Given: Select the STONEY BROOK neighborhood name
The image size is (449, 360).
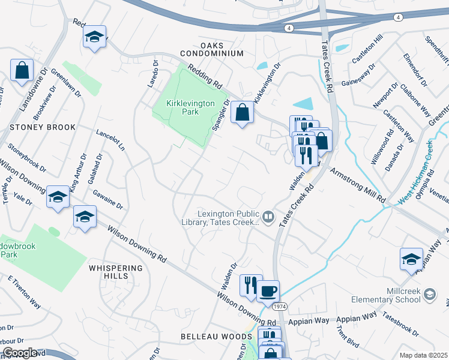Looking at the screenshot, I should pos(42,127).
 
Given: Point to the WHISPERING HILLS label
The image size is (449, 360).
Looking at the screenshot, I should pos(116,272).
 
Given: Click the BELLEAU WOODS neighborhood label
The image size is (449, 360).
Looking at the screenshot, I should pos(211,337).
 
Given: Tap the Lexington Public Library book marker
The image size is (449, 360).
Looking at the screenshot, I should pos(269,217).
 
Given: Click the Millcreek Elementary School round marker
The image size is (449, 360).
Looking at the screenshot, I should pos(429,294).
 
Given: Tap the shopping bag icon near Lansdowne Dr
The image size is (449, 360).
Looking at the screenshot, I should pos(22,70).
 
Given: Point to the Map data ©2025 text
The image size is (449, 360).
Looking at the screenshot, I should pos(424,355).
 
